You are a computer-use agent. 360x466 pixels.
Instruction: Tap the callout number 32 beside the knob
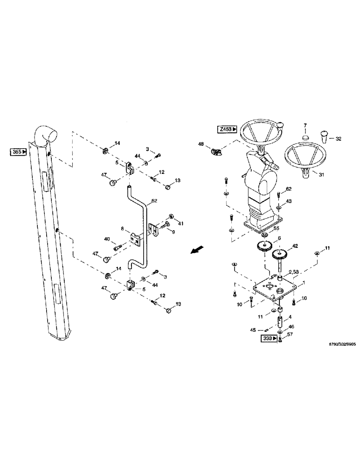click(x=339, y=138)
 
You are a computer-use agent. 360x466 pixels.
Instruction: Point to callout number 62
click(x=289, y=189)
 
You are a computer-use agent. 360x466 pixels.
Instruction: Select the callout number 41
click(x=181, y=224)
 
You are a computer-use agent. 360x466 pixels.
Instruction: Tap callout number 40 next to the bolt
click(x=107, y=239)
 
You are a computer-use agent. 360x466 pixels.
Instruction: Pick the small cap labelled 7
click(x=305, y=137)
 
